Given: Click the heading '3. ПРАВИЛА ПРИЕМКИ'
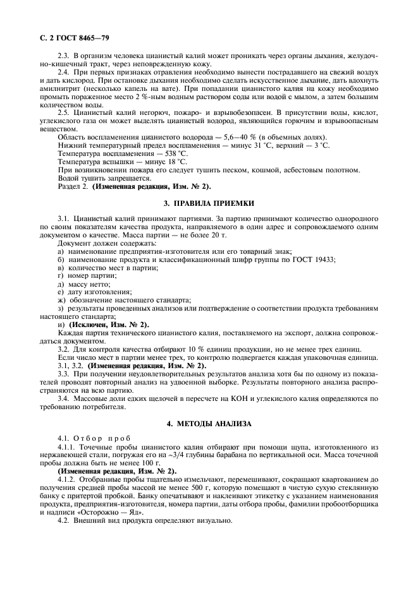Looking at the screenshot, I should click(209, 203).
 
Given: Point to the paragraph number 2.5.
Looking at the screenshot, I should click(63, 112).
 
